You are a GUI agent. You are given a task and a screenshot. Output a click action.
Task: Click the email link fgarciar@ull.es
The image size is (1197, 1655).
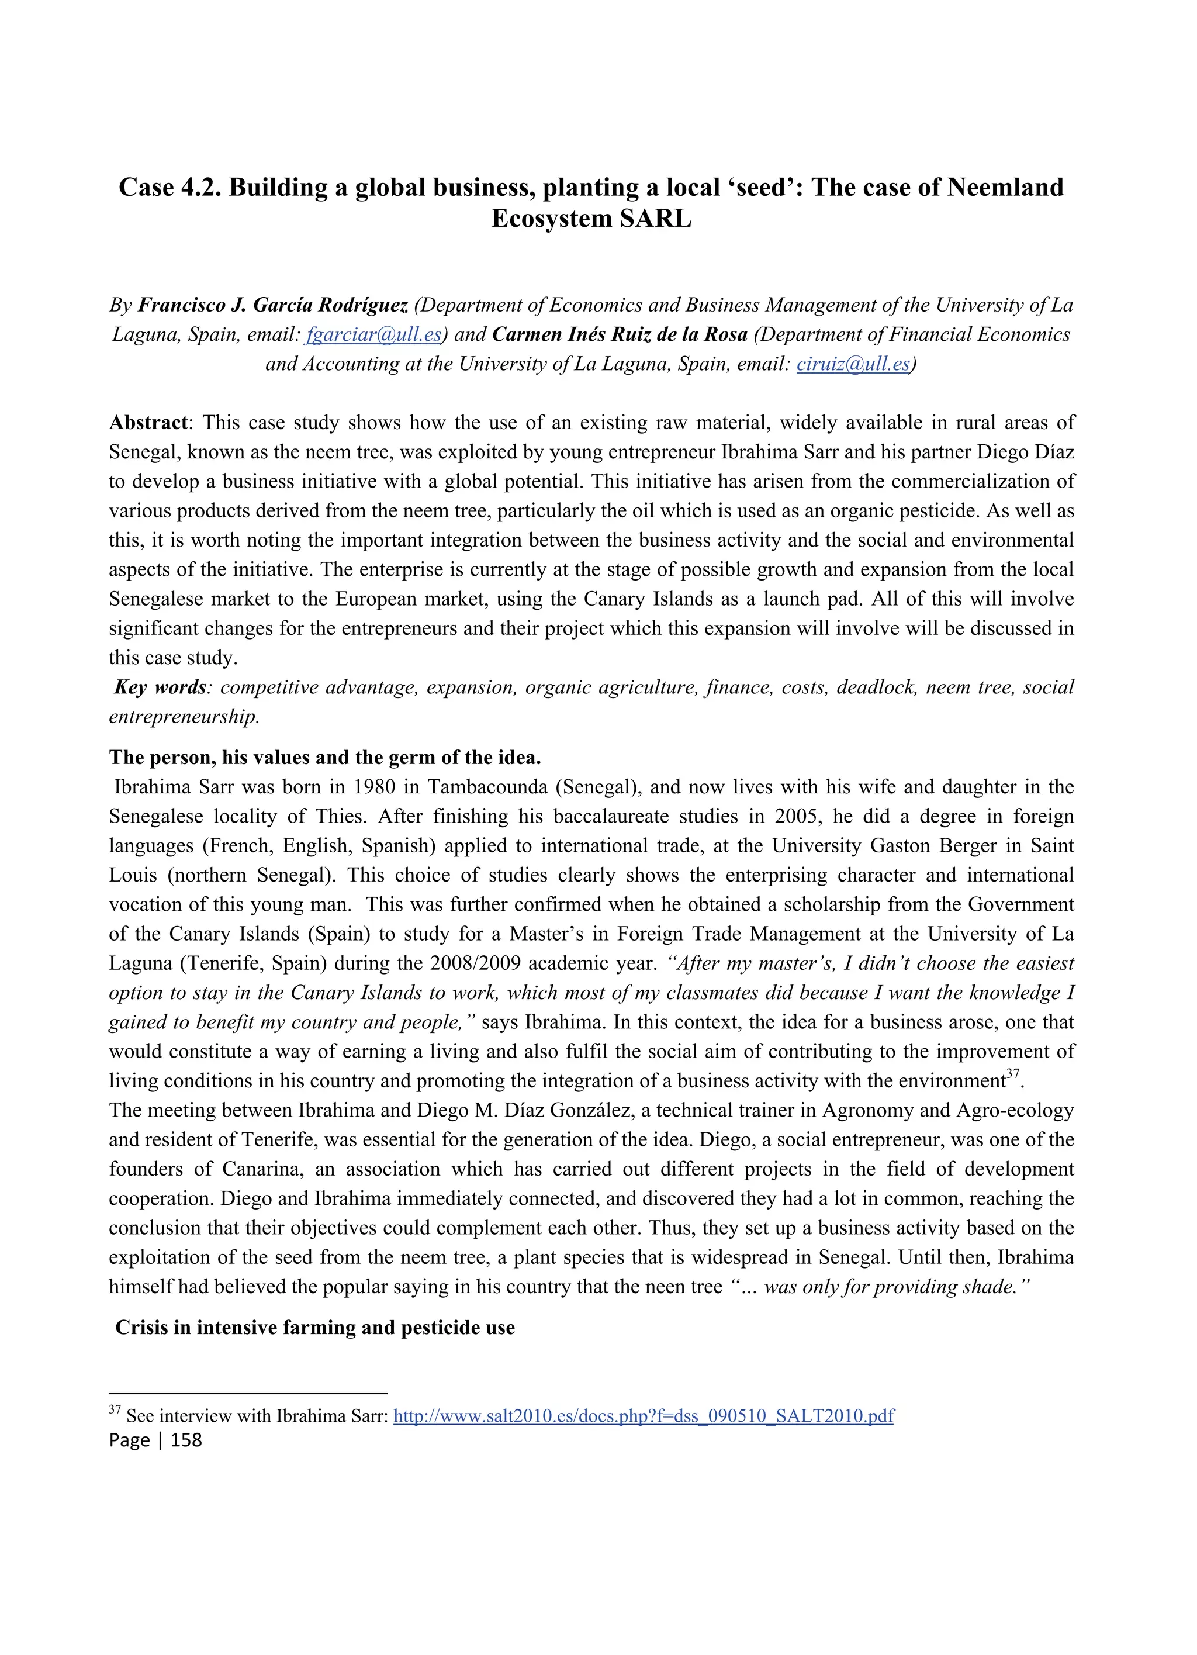click(x=373, y=334)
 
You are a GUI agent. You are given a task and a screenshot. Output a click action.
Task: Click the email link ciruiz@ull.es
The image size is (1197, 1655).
click(x=853, y=364)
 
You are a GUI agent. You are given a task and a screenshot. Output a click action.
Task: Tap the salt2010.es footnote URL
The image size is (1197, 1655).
click(x=644, y=1416)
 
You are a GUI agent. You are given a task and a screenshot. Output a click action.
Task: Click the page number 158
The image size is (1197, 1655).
click(x=186, y=1440)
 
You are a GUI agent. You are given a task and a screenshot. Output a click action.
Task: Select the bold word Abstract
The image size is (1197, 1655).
click(x=148, y=423)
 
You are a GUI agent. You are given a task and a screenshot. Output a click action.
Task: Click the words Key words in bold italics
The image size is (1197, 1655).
click(x=160, y=687)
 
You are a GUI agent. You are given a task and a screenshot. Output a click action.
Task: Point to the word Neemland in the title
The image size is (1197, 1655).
click(x=1005, y=188)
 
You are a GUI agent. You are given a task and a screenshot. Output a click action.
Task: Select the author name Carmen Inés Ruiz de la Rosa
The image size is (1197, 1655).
click(x=620, y=334)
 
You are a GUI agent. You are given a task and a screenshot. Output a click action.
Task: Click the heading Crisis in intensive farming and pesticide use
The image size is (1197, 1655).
click(x=315, y=1328)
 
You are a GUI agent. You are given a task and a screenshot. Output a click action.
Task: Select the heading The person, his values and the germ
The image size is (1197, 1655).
click(x=324, y=758)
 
